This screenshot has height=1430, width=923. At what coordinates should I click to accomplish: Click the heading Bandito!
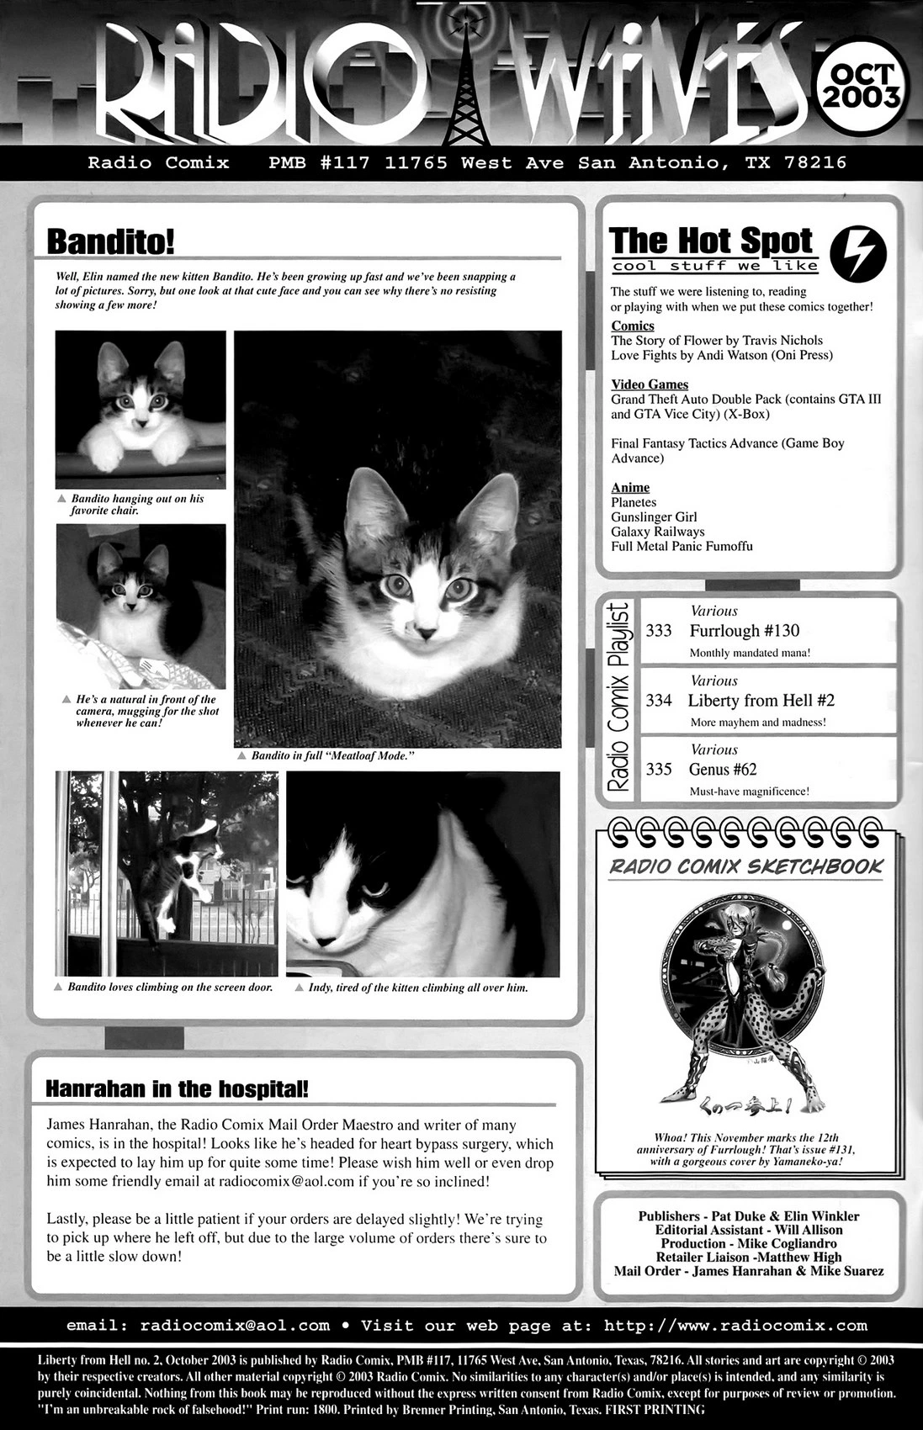pos(110,241)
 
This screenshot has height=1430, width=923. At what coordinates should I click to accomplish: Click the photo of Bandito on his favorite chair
pos(141,410)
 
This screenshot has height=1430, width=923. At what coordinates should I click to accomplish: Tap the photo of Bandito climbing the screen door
pos(166,874)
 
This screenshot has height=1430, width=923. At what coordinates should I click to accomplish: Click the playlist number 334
pos(659,701)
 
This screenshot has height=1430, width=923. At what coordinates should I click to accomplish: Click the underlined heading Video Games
pos(650,384)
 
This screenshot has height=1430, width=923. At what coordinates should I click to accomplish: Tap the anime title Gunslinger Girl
pos(654,517)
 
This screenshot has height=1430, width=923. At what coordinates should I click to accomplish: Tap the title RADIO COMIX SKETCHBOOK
pos(745,866)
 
